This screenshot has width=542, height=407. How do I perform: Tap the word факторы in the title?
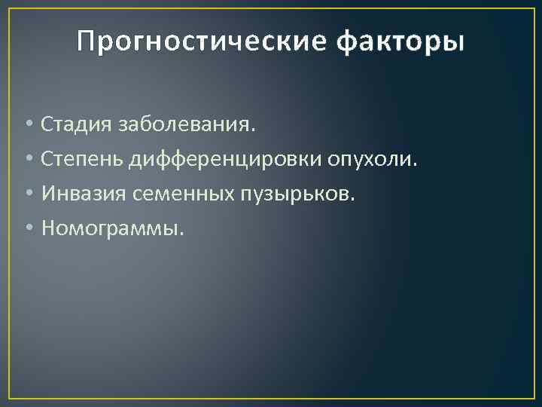tap(400, 42)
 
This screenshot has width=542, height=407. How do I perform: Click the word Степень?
tap(84, 159)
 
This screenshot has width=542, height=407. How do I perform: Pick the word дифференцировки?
tap(226, 159)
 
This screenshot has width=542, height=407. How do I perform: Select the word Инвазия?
tap(84, 194)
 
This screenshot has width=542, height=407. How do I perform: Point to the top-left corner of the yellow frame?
tap(9, 9)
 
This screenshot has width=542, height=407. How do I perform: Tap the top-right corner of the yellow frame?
tap(533, 9)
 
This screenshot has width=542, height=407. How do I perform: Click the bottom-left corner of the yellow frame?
tap(9, 398)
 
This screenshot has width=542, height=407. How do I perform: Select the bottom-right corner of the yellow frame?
tap(533, 398)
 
